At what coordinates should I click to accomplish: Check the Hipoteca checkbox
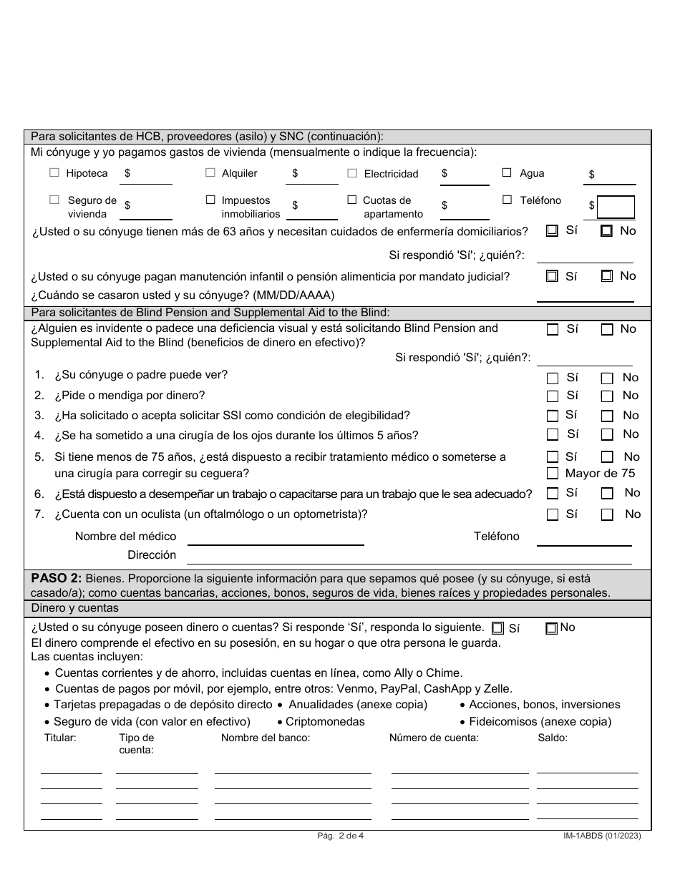pos(54,172)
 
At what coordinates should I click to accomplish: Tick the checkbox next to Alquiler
pos(210,172)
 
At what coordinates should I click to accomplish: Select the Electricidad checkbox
pos(352,172)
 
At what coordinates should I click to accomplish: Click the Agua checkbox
pos(507,172)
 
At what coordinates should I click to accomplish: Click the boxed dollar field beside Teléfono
pos(616,207)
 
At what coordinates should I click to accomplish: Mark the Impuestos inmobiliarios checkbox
pos(210,200)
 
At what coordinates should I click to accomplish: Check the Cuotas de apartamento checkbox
pos(352,200)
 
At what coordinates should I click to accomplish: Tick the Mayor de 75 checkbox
pos(553,473)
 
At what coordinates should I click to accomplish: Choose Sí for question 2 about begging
pos(553,396)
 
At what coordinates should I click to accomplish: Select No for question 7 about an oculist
pos(607,514)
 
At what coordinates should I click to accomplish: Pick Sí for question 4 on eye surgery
pos(553,434)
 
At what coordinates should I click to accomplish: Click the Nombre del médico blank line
pos(275,538)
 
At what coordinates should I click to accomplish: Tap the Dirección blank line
pos(408,557)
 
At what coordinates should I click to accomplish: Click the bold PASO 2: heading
pos(56,579)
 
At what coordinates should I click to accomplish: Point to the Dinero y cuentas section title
pos(75,608)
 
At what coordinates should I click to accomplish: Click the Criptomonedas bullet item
pos(324,722)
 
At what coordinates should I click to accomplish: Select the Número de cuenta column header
pos(434,738)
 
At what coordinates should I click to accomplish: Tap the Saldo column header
pos(552,738)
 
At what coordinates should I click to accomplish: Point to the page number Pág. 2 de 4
pos(341,835)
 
